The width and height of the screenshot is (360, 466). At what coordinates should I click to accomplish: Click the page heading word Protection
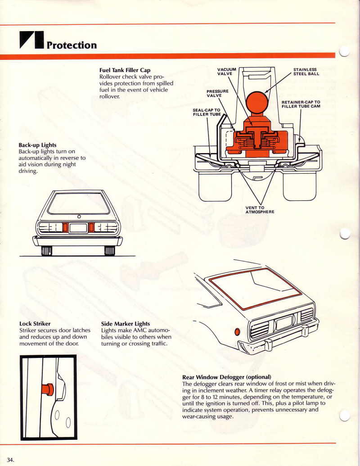tap(72, 45)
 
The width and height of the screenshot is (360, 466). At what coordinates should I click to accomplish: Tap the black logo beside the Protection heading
tap(32, 40)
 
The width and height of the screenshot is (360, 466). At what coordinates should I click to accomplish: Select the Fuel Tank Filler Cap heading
tap(125, 70)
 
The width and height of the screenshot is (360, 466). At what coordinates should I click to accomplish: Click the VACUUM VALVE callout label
tap(227, 72)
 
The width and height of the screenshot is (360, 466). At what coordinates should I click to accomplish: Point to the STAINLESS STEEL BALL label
tap(306, 72)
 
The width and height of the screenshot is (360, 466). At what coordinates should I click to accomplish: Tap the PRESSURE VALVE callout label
tap(217, 93)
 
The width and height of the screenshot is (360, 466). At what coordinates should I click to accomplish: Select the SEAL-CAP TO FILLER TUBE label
tap(207, 112)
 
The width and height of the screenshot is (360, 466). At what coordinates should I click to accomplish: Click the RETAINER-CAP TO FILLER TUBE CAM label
tap(301, 104)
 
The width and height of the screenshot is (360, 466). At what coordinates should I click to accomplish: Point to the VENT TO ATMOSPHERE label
tap(260, 210)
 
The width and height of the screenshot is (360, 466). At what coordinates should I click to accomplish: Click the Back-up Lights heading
tap(37, 145)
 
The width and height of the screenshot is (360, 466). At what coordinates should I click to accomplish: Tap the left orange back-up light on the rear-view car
tap(66, 228)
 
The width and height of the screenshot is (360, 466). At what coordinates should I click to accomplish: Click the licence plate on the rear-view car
tap(78, 228)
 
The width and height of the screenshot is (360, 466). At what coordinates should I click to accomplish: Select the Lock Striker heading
tap(35, 324)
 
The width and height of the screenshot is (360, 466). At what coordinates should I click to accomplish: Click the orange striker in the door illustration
tap(47, 389)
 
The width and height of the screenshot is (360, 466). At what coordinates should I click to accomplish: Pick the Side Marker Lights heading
tap(126, 324)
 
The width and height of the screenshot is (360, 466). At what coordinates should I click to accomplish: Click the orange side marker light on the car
tap(237, 332)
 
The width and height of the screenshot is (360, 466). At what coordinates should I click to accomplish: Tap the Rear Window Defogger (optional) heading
tap(227, 377)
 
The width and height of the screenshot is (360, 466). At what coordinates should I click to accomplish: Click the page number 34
tap(10, 460)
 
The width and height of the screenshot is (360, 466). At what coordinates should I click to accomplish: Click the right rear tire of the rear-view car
tap(110, 250)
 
